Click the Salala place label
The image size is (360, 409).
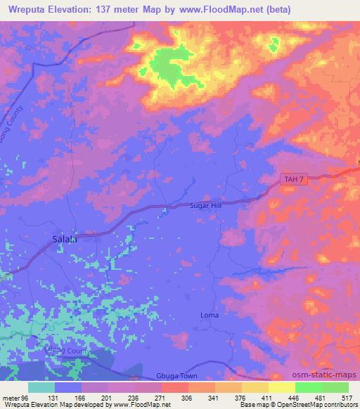(x=65, y=239)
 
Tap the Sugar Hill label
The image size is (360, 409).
(x=205, y=205)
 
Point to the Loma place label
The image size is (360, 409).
(x=210, y=314)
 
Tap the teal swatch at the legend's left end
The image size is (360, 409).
(x=41, y=387)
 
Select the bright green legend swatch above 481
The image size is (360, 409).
(x=308, y=387)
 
